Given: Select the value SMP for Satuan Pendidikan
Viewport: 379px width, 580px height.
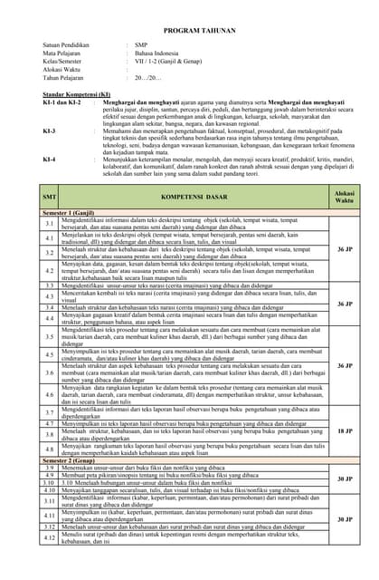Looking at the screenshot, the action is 141,44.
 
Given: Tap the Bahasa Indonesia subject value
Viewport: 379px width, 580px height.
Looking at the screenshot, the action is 156,53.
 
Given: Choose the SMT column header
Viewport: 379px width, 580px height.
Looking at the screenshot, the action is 50,198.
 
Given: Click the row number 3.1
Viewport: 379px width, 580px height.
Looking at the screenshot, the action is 51,223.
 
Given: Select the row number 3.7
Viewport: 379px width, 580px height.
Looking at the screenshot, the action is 51,413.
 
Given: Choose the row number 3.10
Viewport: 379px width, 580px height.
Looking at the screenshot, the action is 51,483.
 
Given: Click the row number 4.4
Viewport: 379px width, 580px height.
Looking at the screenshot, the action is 51,319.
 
